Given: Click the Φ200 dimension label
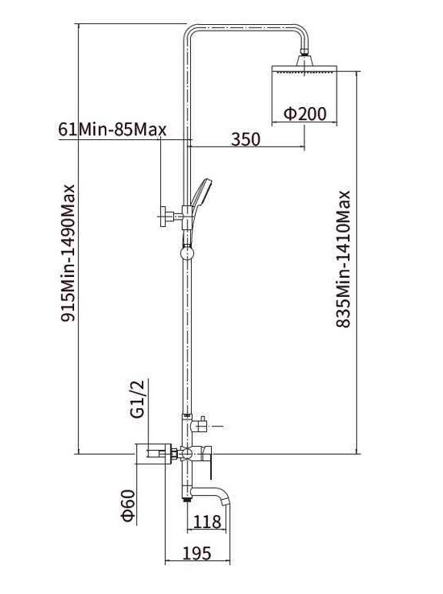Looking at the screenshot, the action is [x=304, y=113].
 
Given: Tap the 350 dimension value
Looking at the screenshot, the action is [x=246, y=139].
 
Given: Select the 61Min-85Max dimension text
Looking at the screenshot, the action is [x=113, y=130].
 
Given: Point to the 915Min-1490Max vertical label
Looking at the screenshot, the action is [x=68, y=253].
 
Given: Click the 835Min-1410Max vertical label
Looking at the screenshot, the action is [x=343, y=258].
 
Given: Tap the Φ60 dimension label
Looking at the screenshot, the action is [x=129, y=505].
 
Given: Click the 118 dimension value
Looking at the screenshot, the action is [x=207, y=522].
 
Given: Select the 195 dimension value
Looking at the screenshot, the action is [x=197, y=554].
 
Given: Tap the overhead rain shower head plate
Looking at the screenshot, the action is [x=304, y=69].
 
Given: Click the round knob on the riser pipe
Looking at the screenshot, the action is [x=187, y=253].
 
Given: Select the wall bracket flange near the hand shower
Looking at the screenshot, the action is [x=164, y=217].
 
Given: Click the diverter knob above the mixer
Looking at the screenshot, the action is [x=201, y=426].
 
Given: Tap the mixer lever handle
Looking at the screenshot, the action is [x=208, y=459].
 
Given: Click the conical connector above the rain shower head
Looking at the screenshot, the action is [x=304, y=60].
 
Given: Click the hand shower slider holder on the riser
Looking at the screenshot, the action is [x=187, y=217].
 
